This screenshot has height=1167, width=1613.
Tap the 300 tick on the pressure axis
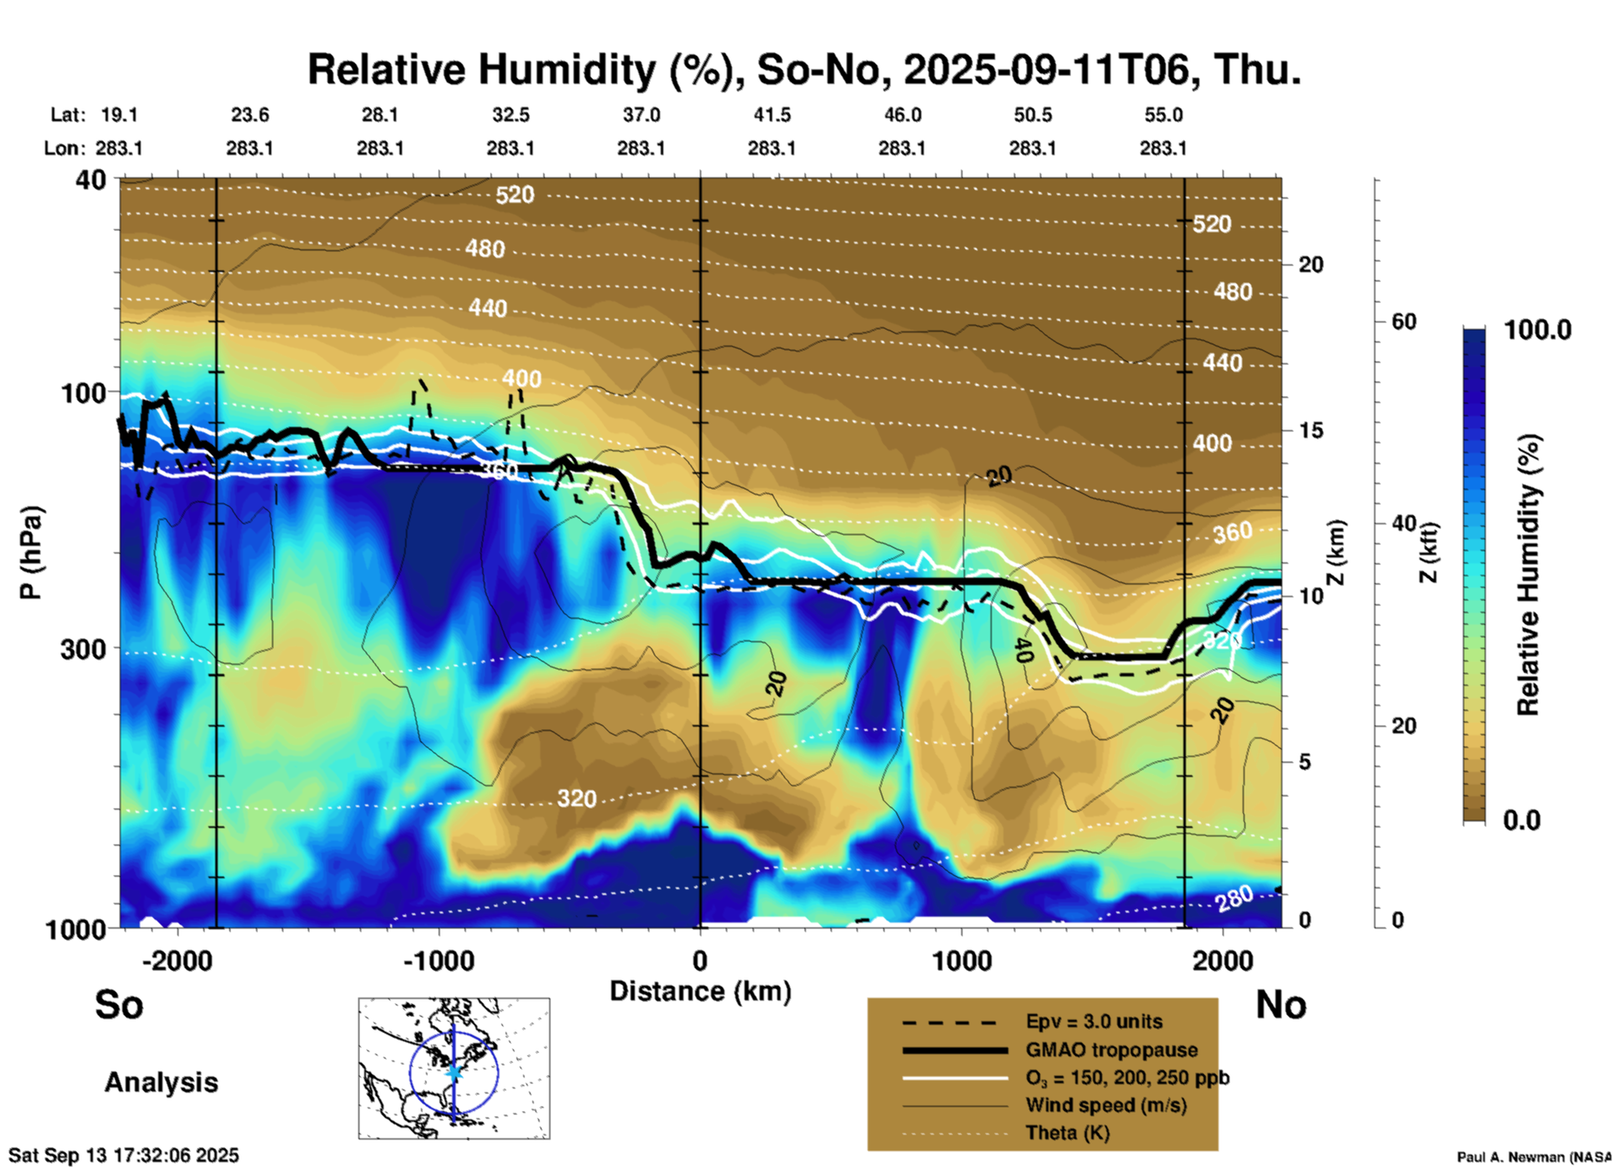click(x=83, y=649)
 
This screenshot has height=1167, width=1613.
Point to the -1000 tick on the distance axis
click(x=439, y=960)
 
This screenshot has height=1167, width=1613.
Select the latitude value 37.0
click(x=641, y=115)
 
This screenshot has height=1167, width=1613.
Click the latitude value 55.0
click(x=1163, y=115)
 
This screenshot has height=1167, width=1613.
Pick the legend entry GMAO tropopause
click(x=1111, y=1050)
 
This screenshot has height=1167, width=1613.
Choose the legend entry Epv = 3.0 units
click(x=1094, y=1021)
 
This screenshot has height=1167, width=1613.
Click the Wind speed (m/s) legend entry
click(x=1105, y=1105)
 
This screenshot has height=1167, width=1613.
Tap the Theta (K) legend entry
click(x=1067, y=1133)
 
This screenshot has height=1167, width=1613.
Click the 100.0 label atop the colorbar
click(x=1538, y=330)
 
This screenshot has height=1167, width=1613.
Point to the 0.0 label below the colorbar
click(x=1522, y=820)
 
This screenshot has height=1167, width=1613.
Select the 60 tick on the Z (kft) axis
click(x=1404, y=321)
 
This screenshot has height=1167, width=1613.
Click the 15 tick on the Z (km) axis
click(x=1310, y=430)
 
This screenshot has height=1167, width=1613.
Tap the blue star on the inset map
click(x=454, y=1072)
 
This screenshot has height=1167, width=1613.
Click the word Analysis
click(x=161, y=1082)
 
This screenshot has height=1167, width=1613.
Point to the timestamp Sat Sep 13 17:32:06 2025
click(x=124, y=1155)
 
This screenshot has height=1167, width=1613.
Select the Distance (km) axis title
click(x=700, y=991)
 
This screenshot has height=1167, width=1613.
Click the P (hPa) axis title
click(x=31, y=553)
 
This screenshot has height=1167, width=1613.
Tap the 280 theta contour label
click(x=1234, y=898)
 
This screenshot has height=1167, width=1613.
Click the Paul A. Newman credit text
click(x=1533, y=1157)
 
